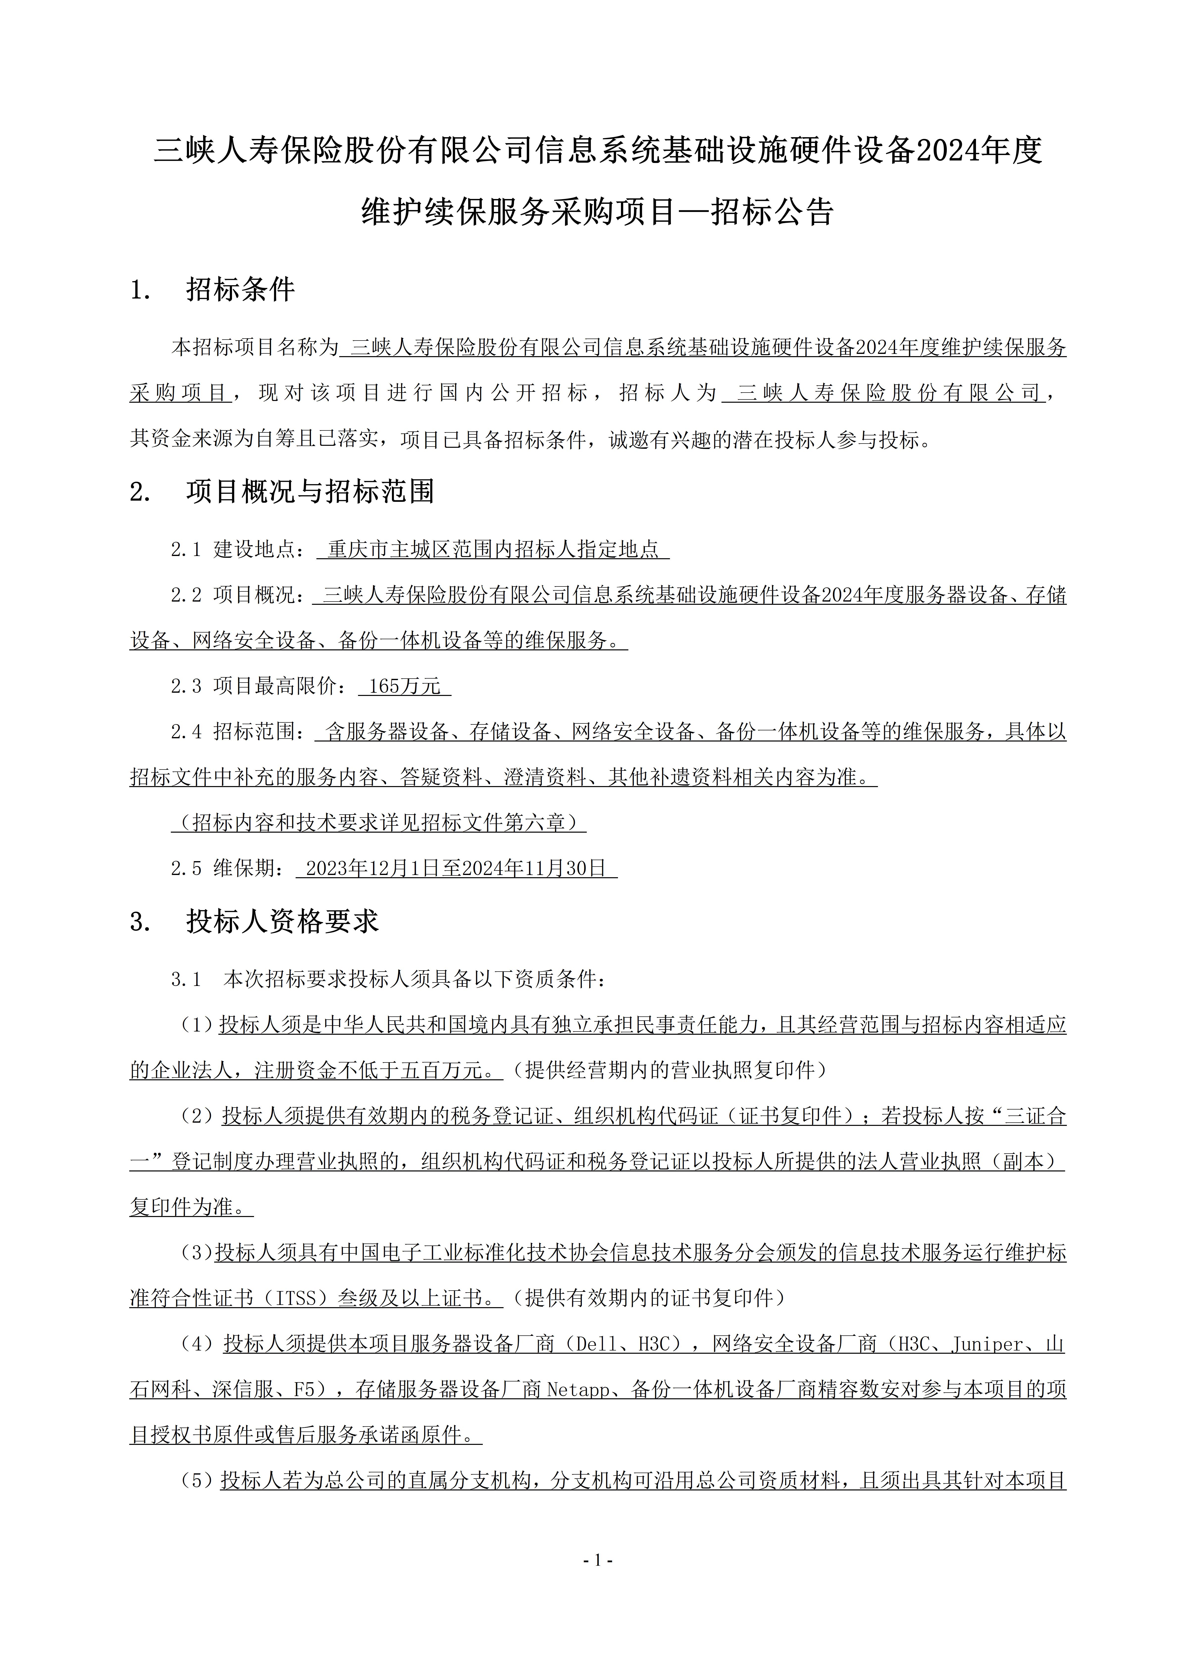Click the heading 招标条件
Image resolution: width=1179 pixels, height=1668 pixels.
tap(240, 290)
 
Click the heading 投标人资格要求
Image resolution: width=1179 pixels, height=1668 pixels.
tap(282, 922)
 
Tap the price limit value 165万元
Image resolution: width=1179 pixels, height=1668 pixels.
tap(405, 686)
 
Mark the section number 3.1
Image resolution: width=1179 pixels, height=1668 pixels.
tap(186, 979)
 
